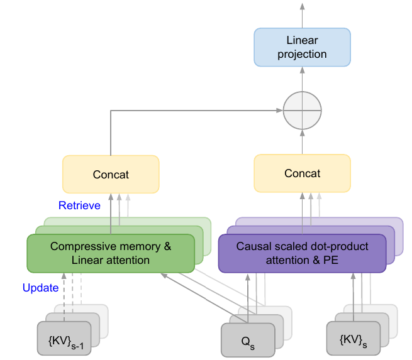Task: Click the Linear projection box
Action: click(302, 47)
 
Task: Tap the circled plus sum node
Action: click(302, 111)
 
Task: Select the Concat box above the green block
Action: click(111, 174)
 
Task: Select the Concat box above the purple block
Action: click(302, 174)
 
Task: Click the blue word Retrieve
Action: click(79, 205)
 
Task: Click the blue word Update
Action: click(40, 288)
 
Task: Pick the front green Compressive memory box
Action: click(110, 253)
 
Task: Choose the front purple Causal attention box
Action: click(302, 253)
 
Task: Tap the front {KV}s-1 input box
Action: click(64, 341)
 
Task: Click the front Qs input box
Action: click(248, 341)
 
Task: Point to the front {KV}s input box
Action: click(353, 341)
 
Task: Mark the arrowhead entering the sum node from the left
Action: click(279, 111)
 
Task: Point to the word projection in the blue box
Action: click(302, 54)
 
